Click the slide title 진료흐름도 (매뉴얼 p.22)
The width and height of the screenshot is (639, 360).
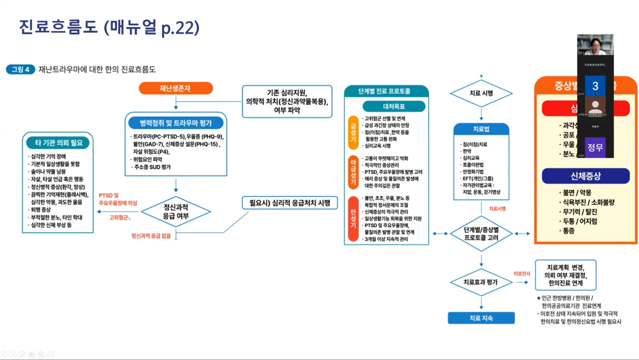(x=109, y=27)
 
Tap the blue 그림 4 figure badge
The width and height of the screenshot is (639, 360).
(x=21, y=70)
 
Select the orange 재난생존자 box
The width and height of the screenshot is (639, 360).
(x=175, y=88)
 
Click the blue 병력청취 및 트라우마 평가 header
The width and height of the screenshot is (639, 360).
(x=176, y=123)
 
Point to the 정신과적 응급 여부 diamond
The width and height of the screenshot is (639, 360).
(x=176, y=212)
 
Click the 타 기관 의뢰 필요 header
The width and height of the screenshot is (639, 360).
(x=59, y=143)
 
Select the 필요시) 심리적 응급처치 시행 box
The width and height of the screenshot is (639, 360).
(x=290, y=203)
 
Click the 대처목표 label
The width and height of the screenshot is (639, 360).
(x=394, y=106)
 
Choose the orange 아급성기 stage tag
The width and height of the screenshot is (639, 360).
(x=353, y=172)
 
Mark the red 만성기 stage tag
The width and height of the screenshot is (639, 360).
(x=353, y=219)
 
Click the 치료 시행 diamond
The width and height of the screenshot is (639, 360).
(x=481, y=94)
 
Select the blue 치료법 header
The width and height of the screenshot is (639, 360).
(x=481, y=129)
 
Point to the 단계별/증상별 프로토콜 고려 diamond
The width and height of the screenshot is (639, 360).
(x=481, y=233)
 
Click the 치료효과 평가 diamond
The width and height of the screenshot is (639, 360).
(x=481, y=282)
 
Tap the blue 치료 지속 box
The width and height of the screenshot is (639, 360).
(x=481, y=318)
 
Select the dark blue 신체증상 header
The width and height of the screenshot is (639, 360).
(x=586, y=176)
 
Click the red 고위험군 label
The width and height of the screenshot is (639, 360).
(x=119, y=218)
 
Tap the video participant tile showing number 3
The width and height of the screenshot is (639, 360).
(x=595, y=86)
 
